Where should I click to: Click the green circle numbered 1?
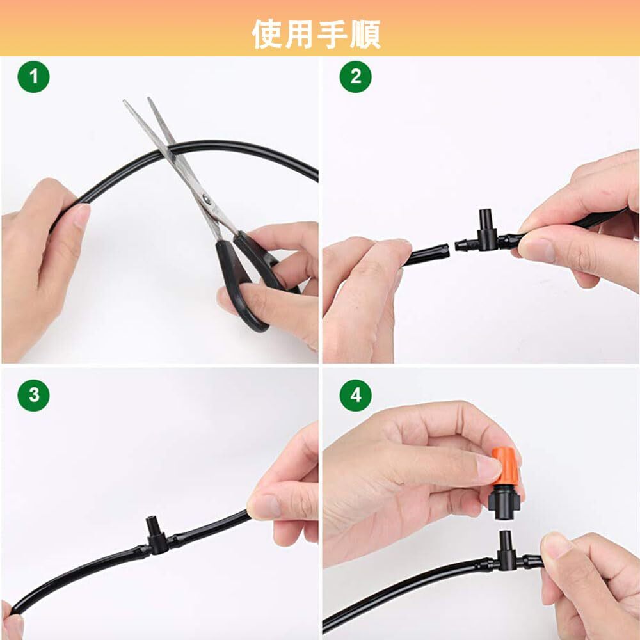pyautogui.click(x=33, y=77)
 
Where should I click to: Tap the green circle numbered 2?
pyautogui.click(x=355, y=77)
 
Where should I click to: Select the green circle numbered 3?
pyautogui.click(x=33, y=395)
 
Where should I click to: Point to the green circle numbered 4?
pyautogui.click(x=355, y=395)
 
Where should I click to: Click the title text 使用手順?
pyautogui.click(x=316, y=35)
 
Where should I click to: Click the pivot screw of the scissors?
pyautogui.click(x=207, y=199)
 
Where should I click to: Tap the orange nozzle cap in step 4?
pyautogui.click(x=505, y=466)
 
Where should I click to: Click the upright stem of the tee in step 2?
pyautogui.click(x=486, y=220)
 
